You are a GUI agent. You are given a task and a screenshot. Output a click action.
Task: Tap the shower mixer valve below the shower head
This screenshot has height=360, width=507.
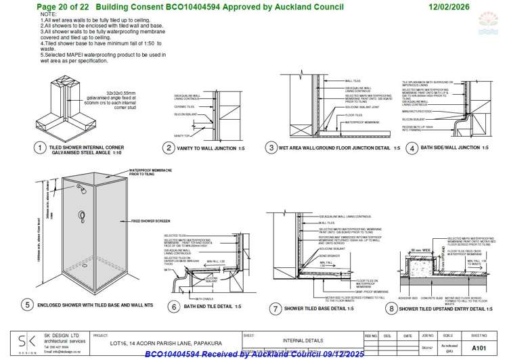[x=82, y=217]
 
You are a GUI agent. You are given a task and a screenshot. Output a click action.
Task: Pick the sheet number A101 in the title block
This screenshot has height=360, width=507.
[x=479, y=347]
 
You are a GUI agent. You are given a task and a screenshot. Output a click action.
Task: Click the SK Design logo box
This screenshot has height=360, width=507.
[x=28, y=343]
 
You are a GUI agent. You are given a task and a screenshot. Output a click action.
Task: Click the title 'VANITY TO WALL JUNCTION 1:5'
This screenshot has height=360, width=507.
[x=213, y=148]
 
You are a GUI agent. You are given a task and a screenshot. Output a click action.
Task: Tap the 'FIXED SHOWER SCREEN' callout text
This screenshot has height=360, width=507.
[x=150, y=221]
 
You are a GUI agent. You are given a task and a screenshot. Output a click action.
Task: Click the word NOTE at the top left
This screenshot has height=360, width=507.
[x=49, y=14]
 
